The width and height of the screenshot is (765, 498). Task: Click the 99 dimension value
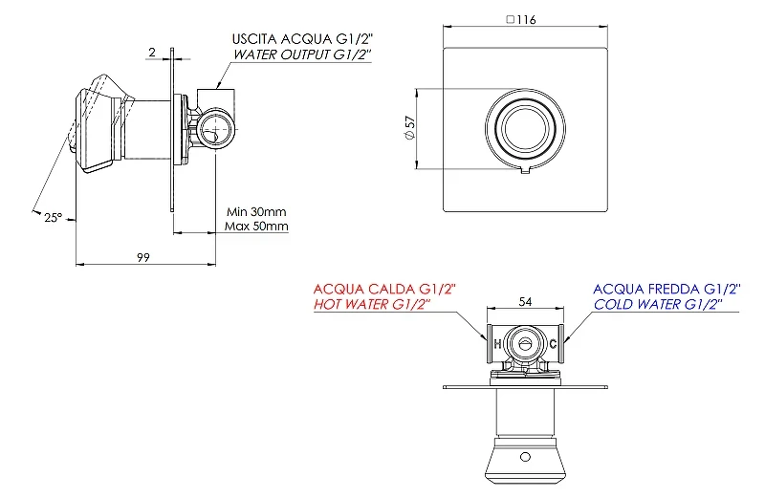[142, 257]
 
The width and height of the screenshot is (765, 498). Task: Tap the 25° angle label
[54, 218]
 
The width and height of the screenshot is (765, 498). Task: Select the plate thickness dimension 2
[152, 53]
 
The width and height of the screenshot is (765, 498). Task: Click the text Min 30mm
[256, 211]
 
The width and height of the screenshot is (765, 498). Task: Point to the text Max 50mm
[256, 227]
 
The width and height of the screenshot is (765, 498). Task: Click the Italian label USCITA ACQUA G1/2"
[302, 39]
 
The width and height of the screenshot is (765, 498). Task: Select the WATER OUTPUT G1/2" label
[302, 54]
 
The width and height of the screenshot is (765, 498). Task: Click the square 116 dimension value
[521, 19]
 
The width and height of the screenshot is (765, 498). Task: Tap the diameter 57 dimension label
[410, 128]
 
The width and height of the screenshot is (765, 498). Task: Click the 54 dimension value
[525, 302]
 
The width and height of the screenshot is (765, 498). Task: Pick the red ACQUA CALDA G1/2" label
[384, 290]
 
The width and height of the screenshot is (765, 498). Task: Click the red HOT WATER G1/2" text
[372, 305]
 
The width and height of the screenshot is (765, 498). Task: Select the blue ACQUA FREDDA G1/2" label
[667, 290]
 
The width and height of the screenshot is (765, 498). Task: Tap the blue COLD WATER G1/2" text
[658, 305]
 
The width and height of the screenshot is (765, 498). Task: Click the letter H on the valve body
[497, 344]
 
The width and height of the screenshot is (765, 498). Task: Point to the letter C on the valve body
[553, 344]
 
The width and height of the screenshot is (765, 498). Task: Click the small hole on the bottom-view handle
[525, 457]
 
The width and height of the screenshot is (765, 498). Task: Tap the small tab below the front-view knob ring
[525, 170]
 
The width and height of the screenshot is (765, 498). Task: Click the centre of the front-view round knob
[525, 128]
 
